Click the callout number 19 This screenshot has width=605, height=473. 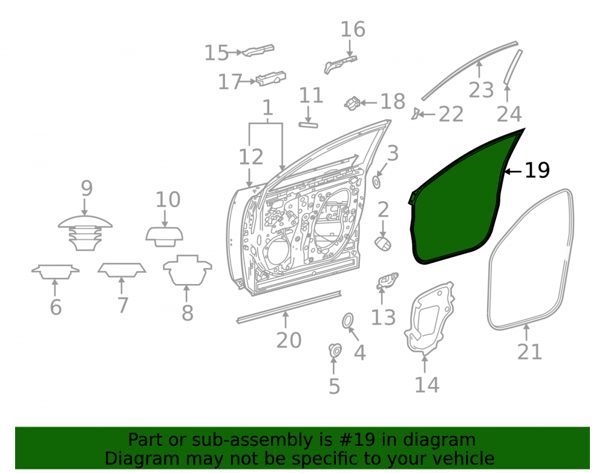(x=537, y=170)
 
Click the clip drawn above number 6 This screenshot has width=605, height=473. (x=55, y=271)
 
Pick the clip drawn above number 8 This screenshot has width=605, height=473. (x=188, y=270)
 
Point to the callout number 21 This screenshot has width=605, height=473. (x=529, y=351)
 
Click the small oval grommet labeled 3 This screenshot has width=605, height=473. (x=376, y=182)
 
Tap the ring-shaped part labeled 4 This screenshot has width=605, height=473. (x=348, y=321)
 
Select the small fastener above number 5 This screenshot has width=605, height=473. (x=335, y=350)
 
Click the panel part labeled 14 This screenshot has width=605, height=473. (x=428, y=318)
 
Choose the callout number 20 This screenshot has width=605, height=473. (x=289, y=340)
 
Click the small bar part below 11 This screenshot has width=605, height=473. (x=309, y=125)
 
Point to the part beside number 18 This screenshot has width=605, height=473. (x=352, y=103)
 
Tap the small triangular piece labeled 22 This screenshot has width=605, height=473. (x=415, y=114)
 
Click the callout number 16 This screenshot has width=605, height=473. (x=353, y=29)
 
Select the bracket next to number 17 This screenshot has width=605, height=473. (x=271, y=78)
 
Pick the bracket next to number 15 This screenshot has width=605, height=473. (x=258, y=50)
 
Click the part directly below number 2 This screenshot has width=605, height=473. (x=383, y=244)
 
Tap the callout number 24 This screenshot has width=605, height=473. (x=509, y=114)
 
